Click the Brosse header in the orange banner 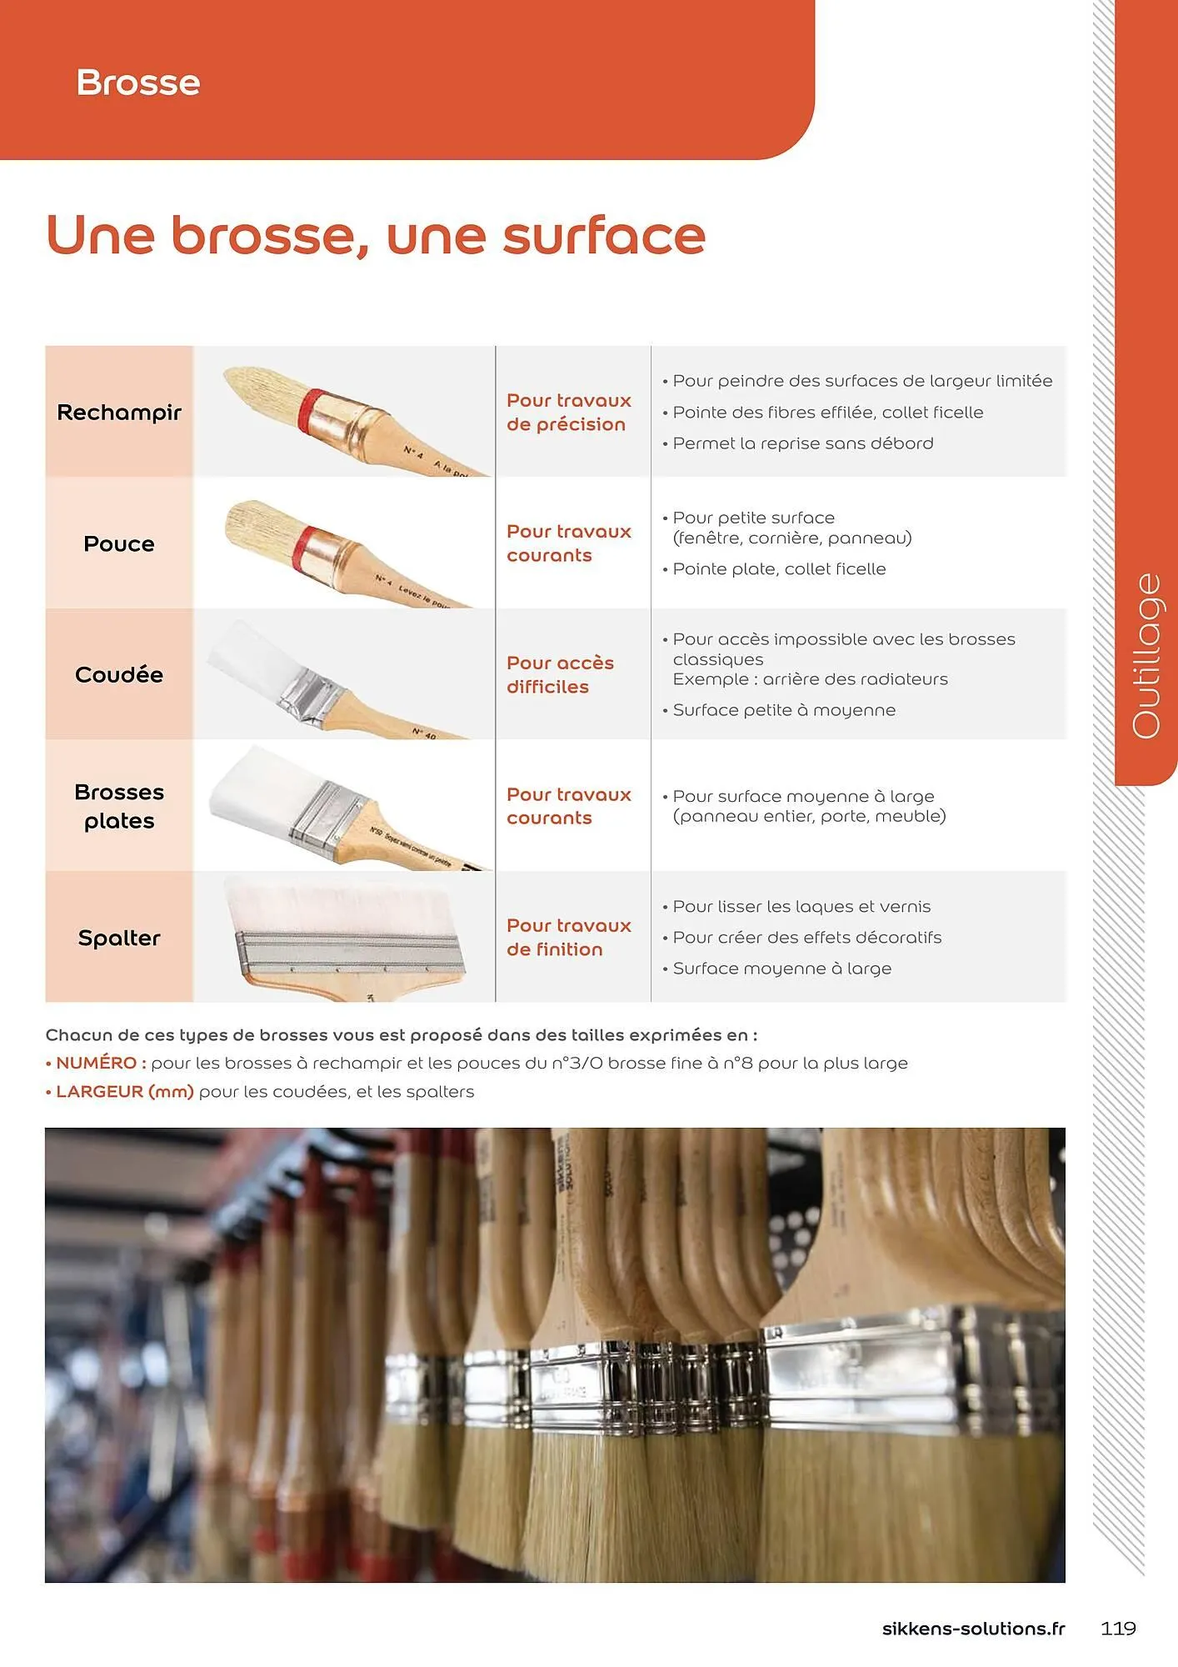[138, 83]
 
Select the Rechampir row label [119, 413]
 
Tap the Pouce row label [119, 544]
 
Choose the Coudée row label [119, 674]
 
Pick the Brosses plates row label [119, 806]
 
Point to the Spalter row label [119, 938]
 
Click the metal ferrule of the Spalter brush [350, 952]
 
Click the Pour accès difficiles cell [560, 674]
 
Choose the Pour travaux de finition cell [569, 937]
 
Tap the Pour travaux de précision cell [569, 412]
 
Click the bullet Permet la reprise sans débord [802, 443]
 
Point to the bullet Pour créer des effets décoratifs [806, 937]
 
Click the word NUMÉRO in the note [96, 1063]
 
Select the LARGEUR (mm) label [124, 1091]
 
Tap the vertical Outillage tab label [1146, 655]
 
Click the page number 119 [1118, 1628]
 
